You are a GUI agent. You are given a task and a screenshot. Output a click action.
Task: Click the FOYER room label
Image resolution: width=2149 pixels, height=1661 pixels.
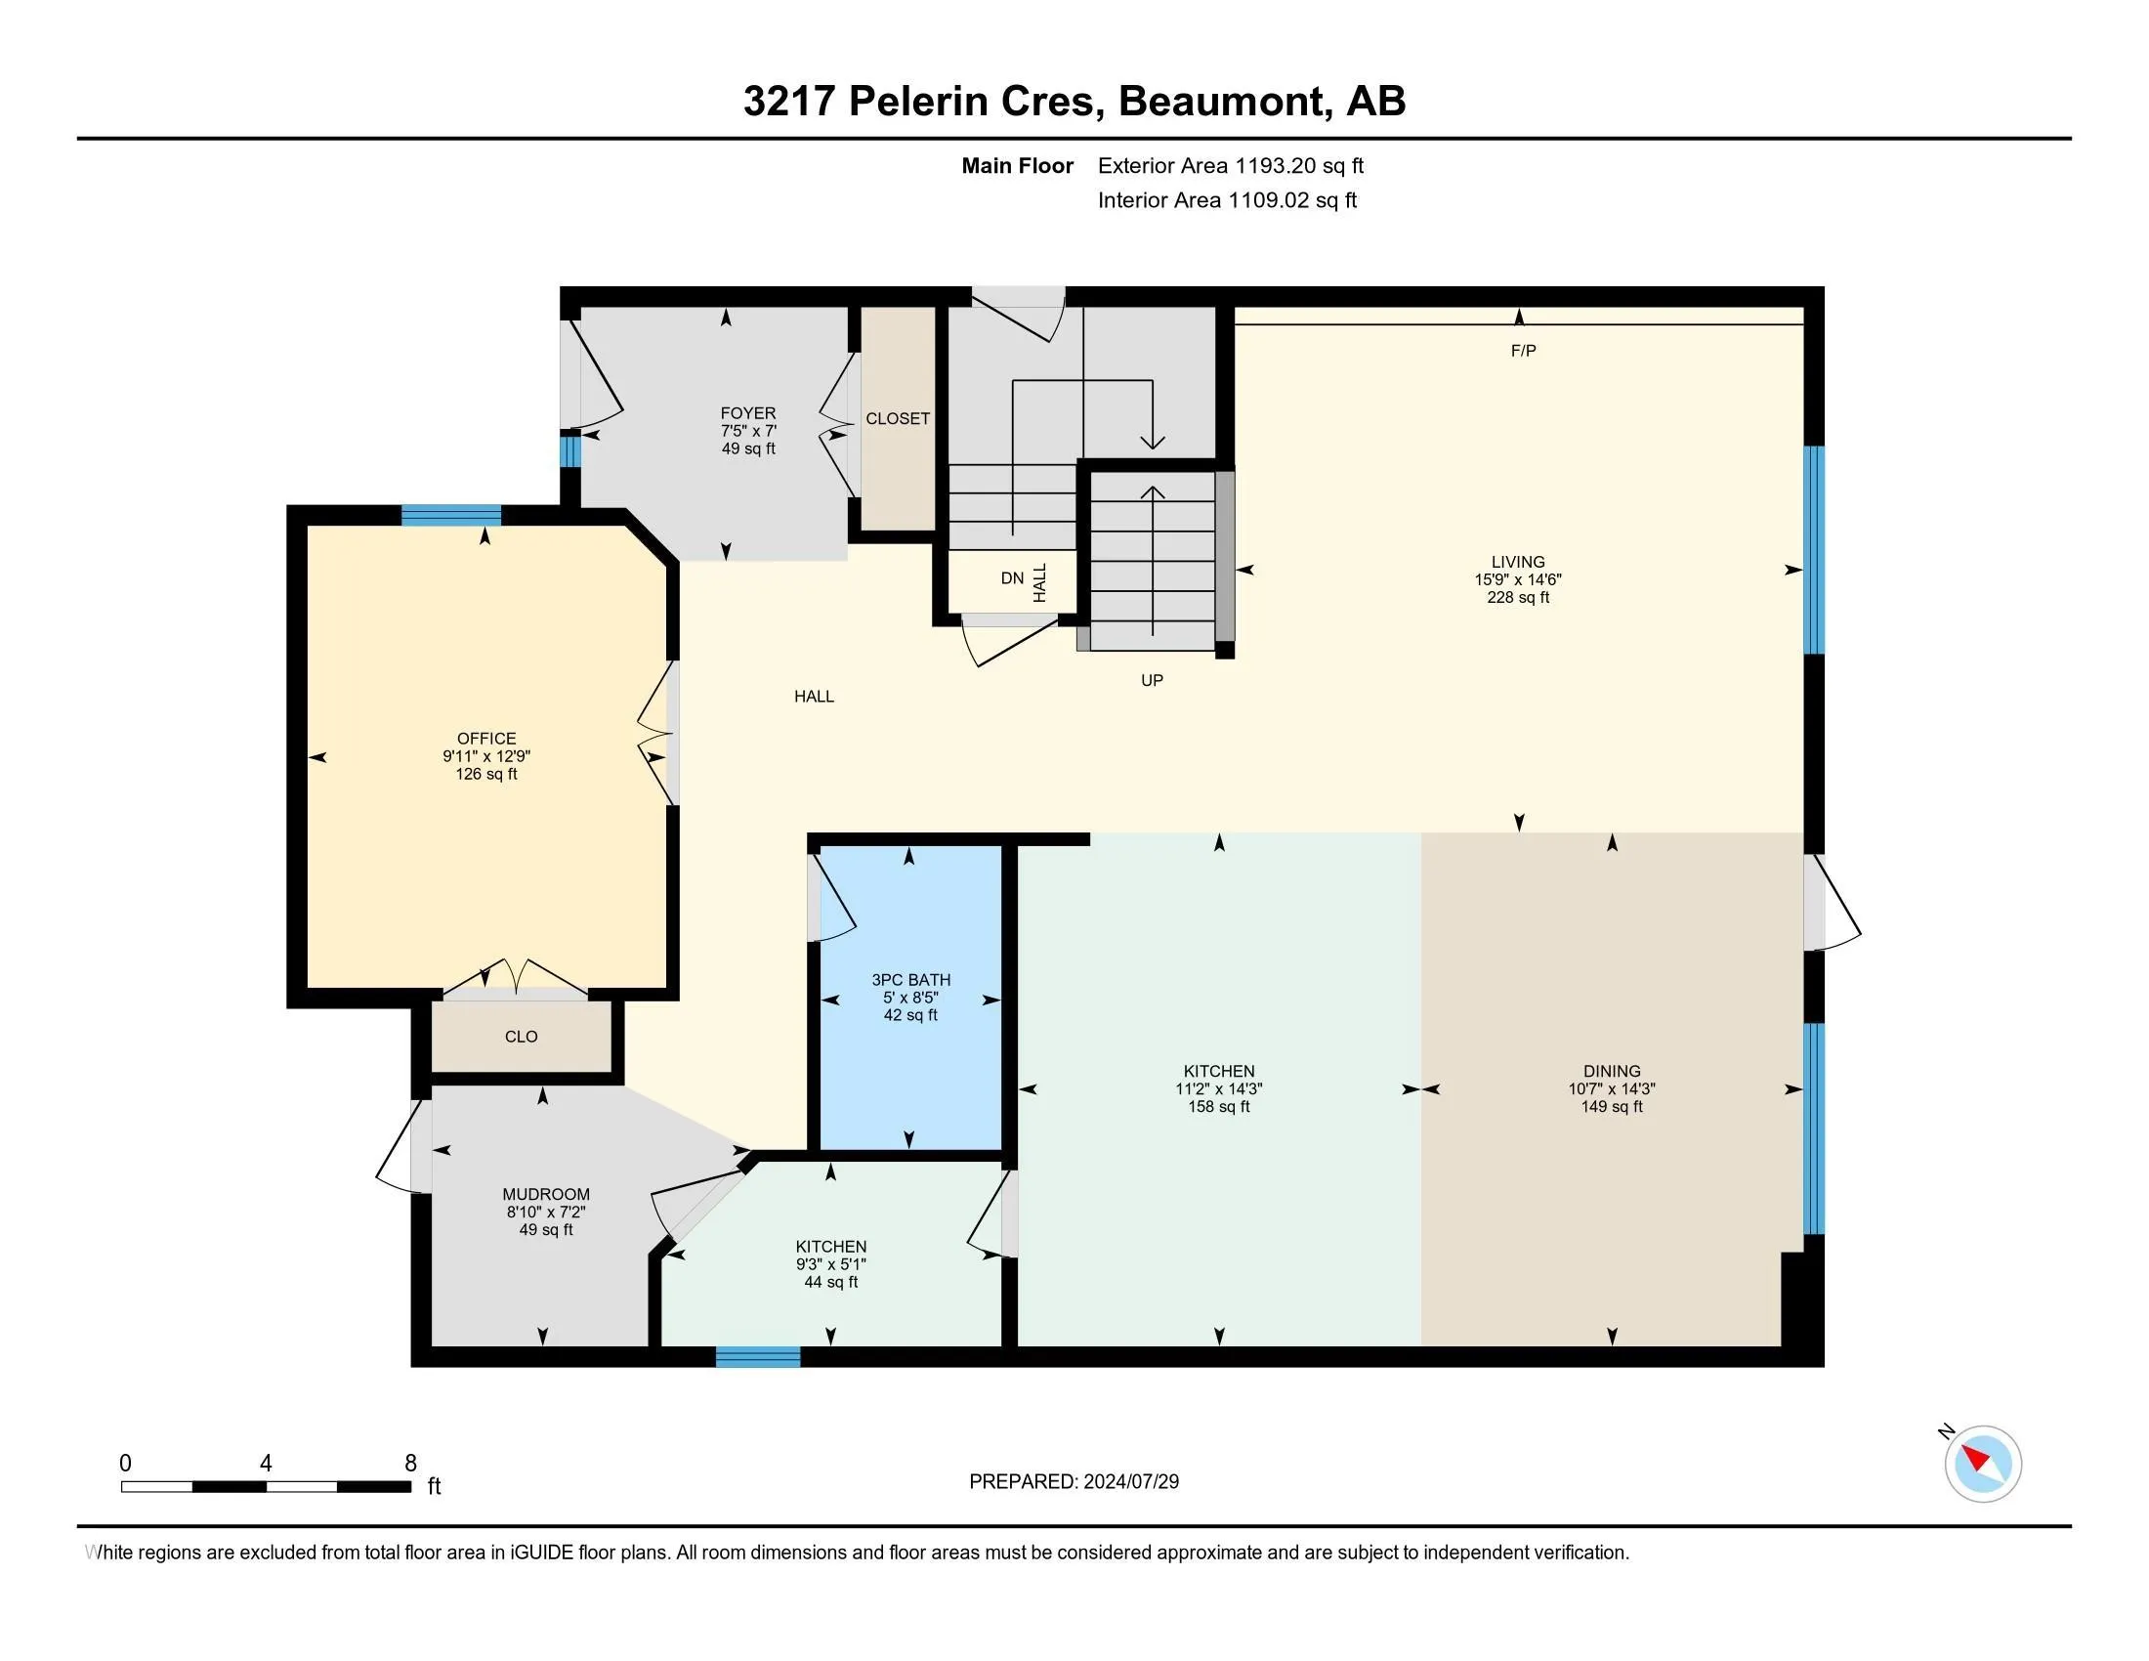pos(748,413)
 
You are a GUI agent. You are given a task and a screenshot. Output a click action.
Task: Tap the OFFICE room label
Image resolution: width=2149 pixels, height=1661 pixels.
pos(486,738)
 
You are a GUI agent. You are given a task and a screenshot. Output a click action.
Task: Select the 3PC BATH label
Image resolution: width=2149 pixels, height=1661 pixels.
pos(911,979)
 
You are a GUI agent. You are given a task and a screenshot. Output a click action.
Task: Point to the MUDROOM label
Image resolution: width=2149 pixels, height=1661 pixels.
pos(546,1194)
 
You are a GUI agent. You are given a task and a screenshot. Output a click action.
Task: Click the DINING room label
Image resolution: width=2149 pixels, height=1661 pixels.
pos(1612,1071)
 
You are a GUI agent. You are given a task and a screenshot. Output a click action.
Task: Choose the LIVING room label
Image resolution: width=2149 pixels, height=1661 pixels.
pos(1518,562)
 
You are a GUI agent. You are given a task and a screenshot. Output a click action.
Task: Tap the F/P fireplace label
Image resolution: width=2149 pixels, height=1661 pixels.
pos(1523,351)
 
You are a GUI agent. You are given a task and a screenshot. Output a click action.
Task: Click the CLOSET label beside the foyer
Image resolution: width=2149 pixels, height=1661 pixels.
pos(898,418)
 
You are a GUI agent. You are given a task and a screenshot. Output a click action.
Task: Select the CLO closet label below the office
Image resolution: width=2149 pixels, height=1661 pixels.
pos(521,1036)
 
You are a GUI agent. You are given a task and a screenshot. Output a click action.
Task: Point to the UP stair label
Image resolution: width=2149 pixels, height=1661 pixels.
pos(1153,680)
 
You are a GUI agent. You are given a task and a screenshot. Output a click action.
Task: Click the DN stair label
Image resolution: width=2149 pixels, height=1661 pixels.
pos(1013,577)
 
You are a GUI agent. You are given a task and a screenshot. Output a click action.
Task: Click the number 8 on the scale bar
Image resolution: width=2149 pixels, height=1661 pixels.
pos(410,1464)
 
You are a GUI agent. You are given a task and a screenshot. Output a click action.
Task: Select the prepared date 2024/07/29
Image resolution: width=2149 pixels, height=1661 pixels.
pos(1130,1482)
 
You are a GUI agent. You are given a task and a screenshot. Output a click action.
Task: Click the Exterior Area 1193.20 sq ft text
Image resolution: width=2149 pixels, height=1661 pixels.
pos(1231,165)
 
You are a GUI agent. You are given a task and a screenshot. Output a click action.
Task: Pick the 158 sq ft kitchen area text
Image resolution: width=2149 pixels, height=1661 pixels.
pos(1219,1106)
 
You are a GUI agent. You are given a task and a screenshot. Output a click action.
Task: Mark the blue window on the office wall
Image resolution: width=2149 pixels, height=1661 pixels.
pos(450,515)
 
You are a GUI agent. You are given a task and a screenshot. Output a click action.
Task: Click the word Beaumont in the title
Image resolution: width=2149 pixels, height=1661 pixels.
pos(1221,102)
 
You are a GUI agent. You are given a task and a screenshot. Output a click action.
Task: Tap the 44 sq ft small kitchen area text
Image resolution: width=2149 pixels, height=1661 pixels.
pos(831,1282)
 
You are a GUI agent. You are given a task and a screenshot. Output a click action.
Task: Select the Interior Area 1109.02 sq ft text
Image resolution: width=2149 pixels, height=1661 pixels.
pos(1227,199)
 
